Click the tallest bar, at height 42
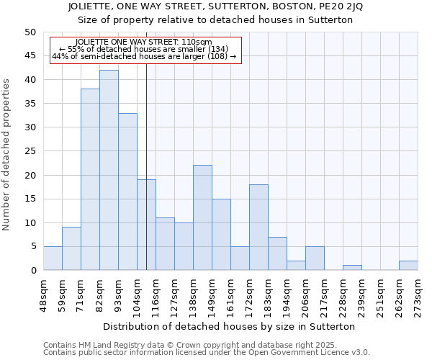click(109, 170)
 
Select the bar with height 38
click(90, 179)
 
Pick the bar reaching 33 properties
click(127, 192)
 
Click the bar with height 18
click(258, 227)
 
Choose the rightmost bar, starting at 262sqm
click(408, 266)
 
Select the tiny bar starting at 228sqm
click(352, 268)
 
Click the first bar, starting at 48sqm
click(53, 258)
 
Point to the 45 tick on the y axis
click(30, 55)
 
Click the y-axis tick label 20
click(30, 175)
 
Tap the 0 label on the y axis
click(32, 271)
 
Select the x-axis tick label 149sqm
click(212, 296)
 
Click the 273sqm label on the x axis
click(418, 296)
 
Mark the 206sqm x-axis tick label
click(305, 296)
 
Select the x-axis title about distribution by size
click(230, 326)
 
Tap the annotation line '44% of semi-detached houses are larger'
click(144, 56)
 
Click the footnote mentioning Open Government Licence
click(206, 353)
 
